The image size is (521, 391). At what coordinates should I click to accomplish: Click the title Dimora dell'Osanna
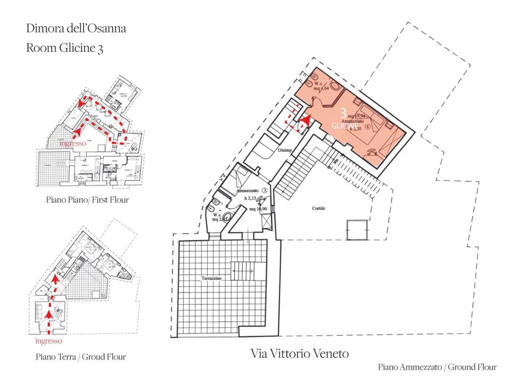[76, 28]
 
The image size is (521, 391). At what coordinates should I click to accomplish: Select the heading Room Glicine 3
[64, 48]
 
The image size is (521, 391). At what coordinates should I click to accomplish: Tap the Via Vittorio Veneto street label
[300, 354]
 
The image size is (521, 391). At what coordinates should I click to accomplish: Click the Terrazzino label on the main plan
[211, 278]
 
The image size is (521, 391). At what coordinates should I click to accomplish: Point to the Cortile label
[318, 208]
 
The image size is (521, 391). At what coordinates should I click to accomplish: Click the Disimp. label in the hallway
[285, 150]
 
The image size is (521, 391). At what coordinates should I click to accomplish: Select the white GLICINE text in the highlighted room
[344, 126]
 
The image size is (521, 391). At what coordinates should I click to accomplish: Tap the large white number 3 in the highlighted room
[343, 113]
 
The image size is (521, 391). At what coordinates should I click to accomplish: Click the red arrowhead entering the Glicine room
[306, 120]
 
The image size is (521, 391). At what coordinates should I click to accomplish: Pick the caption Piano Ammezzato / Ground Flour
[437, 367]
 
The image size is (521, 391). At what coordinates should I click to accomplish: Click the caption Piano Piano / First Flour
[87, 200]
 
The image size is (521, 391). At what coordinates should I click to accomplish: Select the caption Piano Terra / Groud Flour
[81, 357]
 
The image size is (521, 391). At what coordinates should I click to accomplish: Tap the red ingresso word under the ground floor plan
[48, 341]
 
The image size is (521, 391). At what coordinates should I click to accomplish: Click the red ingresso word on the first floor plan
[73, 143]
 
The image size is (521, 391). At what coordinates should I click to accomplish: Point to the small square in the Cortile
[357, 230]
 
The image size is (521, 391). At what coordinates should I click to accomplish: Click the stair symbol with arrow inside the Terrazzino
[243, 271]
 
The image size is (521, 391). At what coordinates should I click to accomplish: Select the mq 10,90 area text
[258, 209]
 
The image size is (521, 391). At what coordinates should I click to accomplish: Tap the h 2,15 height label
[251, 198]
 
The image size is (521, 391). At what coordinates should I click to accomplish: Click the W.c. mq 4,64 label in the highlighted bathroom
[320, 86]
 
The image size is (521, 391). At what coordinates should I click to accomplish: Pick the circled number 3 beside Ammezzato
[264, 190]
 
